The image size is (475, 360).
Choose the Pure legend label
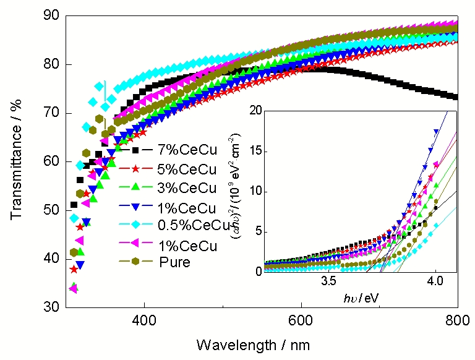(174, 262)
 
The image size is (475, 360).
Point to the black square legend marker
(134, 150)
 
